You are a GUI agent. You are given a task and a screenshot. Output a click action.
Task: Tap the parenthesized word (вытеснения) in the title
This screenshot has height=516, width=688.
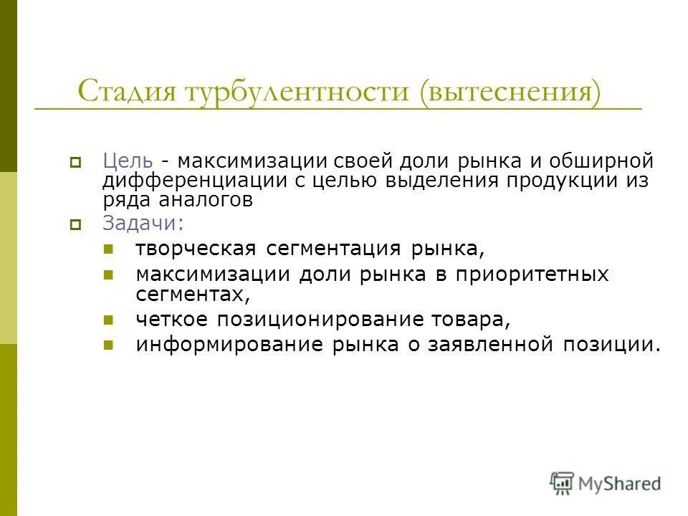511,92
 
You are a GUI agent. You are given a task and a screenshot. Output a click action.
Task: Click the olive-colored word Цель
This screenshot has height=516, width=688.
128,161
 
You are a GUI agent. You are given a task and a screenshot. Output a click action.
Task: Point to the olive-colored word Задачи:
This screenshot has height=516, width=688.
143,223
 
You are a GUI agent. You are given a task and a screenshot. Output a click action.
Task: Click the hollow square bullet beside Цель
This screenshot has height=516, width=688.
75,162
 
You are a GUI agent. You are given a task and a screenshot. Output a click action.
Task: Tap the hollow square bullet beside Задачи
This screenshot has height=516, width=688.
75,224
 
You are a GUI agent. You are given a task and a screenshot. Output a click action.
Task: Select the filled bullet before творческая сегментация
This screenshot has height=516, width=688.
108,249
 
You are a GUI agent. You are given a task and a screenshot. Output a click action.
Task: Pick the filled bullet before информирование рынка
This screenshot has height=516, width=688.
108,344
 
